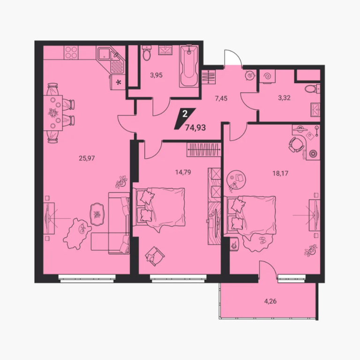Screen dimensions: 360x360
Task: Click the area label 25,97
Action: (87, 158)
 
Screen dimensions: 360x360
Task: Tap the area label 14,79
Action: (183, 172)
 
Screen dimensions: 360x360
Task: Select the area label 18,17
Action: (280, 173)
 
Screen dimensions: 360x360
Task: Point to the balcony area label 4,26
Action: (270, 301)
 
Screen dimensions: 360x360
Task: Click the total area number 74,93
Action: (195, 127)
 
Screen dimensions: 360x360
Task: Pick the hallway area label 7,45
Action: (221, 98)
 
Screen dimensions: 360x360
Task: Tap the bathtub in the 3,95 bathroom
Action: (189, 66)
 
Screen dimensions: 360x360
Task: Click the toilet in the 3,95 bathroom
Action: (146, 52)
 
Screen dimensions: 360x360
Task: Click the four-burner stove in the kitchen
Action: (71, 52)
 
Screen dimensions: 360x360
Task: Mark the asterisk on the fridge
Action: (119, 82)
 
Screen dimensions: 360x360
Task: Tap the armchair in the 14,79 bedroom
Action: (155, 256)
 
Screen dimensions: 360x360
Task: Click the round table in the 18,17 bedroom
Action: (236, 180)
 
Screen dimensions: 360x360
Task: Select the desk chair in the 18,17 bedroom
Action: (296, 144)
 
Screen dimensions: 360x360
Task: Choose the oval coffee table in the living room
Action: (97, 214)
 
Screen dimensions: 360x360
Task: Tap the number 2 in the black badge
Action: (185, 113)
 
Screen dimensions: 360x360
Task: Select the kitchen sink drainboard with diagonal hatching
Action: (117, 67)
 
